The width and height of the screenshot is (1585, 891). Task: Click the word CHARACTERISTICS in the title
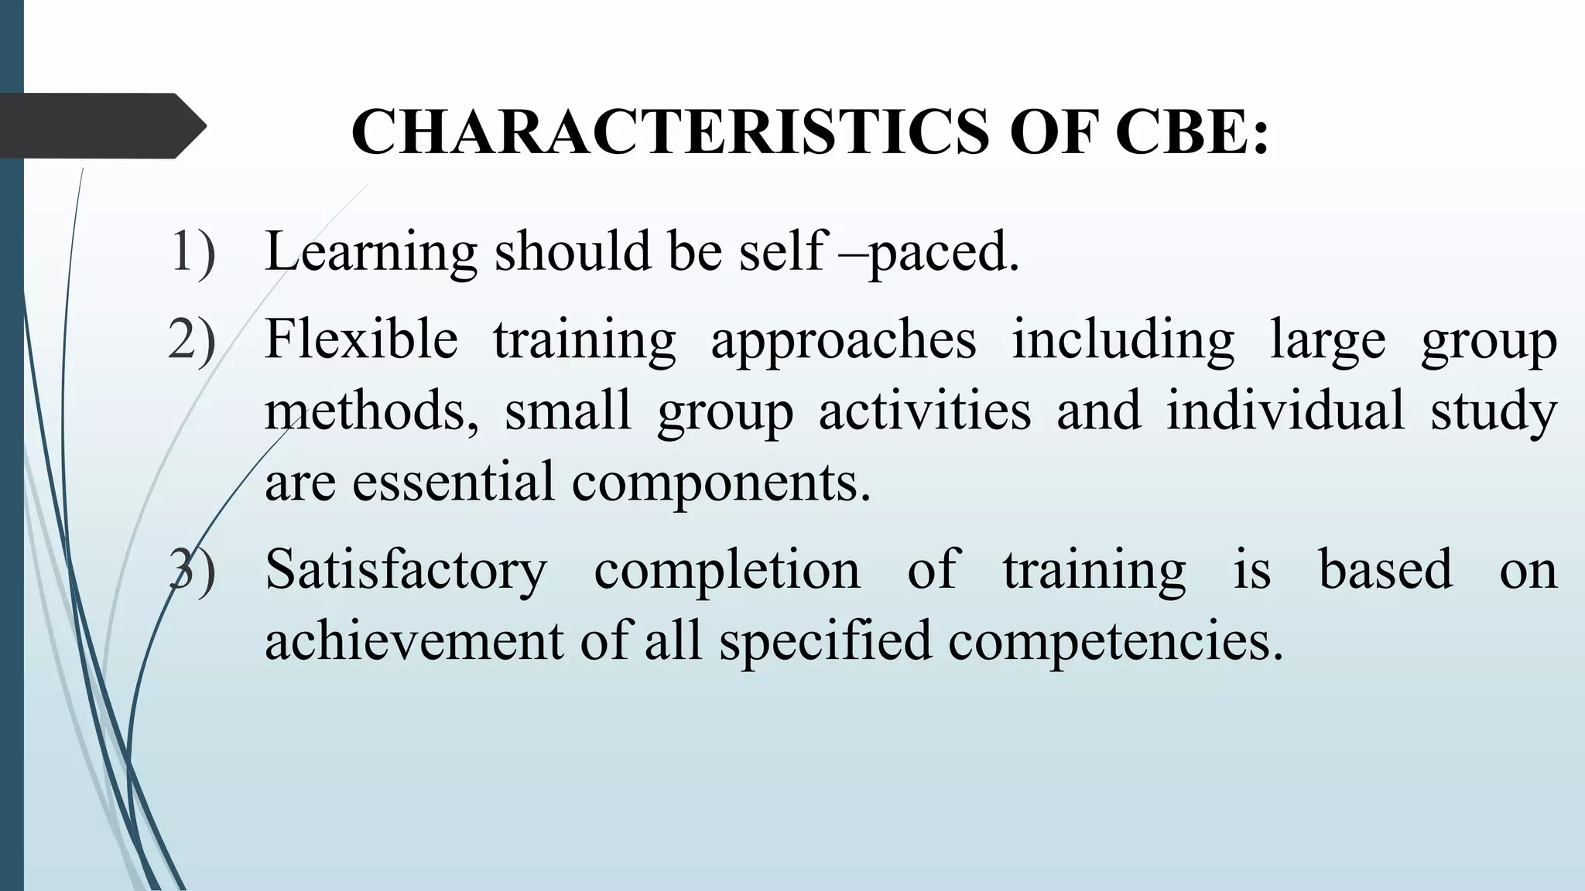[670, 131]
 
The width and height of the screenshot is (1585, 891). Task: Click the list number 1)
[192, 251]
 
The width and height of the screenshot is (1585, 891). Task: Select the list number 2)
[192, 340]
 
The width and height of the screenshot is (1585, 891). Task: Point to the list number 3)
[192, 570]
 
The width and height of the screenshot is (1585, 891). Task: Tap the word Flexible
[361, 340]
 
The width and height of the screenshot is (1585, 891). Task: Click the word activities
[925, 411]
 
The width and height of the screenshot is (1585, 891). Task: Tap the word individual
[1285, 411]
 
